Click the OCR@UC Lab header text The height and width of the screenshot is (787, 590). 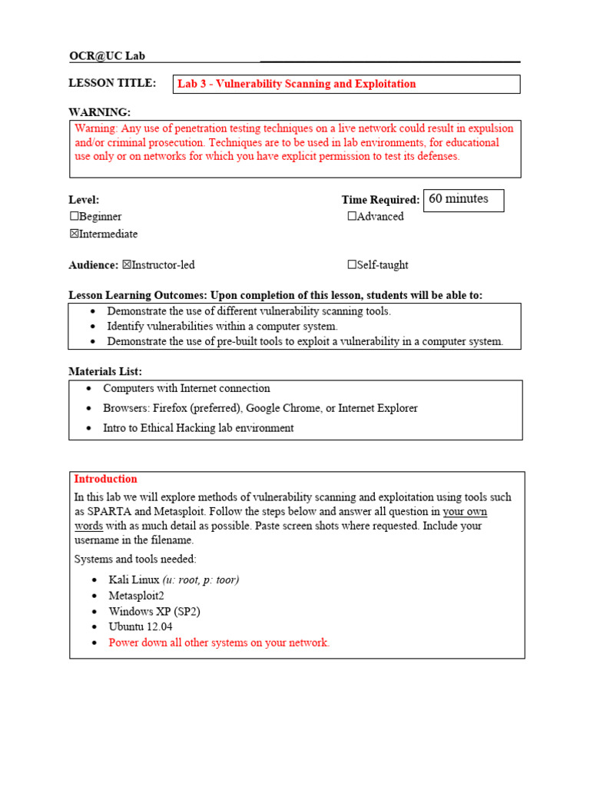click(x=107, y=56)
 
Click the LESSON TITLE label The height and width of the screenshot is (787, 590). click(x=112, y=83)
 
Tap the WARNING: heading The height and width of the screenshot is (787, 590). click(x=99, y=112)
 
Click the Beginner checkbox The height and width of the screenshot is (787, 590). click(x=74, y=217)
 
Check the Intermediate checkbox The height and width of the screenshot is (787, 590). click(x=74, y=234)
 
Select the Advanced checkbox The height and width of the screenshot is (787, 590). click(x=352, y=217)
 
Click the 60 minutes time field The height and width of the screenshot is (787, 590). click(x=463, y=199)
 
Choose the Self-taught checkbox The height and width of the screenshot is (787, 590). click(x=352, y=265)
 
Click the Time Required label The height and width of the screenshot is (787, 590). click(x=380, y=200)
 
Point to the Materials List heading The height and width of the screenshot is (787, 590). click(x=105, y=371)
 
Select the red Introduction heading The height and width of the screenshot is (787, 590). click(x=105, y=479)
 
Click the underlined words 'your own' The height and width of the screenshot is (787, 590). click(x=465, y=512)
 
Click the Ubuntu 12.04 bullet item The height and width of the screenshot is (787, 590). click(x=141, y=626)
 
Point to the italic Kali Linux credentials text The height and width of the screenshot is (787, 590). click(x=201, y=579)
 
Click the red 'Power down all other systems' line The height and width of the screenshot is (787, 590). click(x=219, y=643)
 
